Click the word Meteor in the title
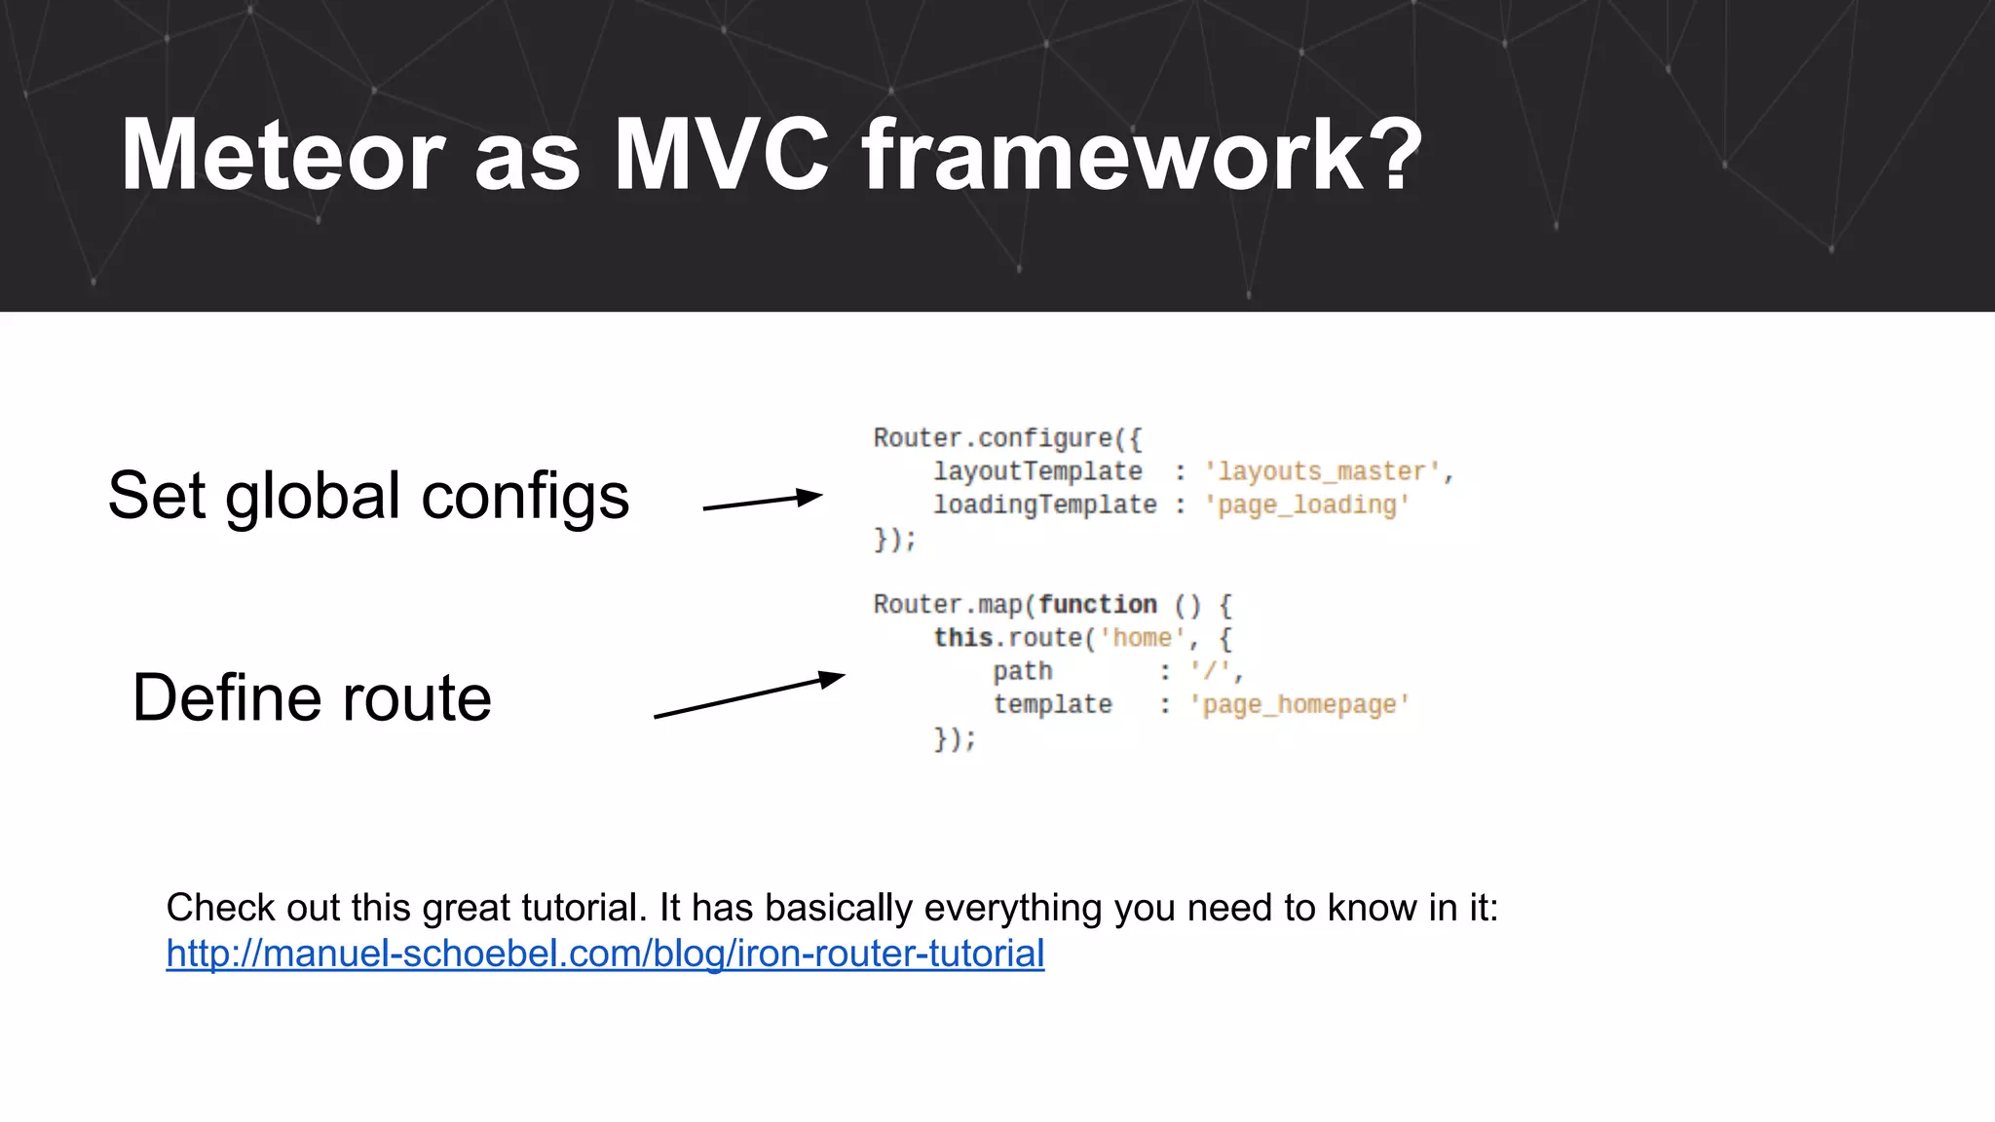(282, 156)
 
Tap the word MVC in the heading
(721, 156)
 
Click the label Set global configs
(368, 496)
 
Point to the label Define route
(312, 697)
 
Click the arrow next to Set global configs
(763, 502)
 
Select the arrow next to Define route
(748, 694)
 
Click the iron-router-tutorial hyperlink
(605, 953)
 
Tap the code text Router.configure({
(1007, 438)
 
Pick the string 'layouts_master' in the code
(1322, 472)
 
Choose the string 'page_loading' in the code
(1306, 505)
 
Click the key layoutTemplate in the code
(1037, 472)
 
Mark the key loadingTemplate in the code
(1044, 505)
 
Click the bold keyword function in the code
(1098, 605)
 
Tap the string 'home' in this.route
(1142, 638)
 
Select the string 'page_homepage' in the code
(1299, 705)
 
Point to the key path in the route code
(1023, 672)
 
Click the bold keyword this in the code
(962, 638)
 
